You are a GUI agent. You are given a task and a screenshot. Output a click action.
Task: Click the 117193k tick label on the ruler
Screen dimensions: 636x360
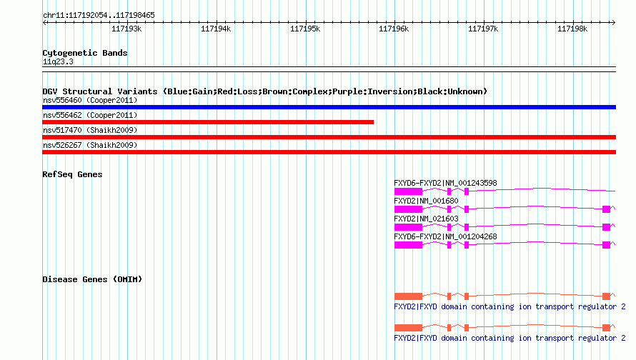[126, 29]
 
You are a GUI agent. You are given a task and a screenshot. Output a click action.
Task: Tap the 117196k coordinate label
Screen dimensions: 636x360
[394, 29]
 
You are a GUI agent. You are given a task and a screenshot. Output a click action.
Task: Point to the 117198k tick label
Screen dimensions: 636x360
[572, 29]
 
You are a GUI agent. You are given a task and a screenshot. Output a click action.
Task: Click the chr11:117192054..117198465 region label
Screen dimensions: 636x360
[99, 15]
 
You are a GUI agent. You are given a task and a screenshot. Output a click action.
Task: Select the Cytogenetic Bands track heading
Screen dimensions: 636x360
[85, 53]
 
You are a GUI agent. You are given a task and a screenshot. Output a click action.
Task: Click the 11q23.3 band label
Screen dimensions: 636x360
[58, 61]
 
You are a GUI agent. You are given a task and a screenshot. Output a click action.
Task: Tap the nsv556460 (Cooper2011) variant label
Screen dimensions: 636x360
[90, 100]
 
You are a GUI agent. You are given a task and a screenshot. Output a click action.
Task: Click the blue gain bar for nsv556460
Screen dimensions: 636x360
[329, 107]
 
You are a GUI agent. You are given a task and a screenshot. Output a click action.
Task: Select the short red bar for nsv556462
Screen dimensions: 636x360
[208, 122]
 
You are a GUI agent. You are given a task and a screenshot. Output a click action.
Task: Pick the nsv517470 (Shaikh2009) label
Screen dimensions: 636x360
[90, 130]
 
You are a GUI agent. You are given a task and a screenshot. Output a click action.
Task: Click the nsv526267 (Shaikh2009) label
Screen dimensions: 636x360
[90, 145]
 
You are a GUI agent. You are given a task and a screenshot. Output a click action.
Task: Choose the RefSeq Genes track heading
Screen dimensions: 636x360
[72, 174]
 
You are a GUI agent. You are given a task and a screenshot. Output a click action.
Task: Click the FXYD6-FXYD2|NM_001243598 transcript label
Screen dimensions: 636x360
[445, 183]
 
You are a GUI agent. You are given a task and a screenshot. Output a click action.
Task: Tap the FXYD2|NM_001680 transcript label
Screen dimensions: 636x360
[426, 201]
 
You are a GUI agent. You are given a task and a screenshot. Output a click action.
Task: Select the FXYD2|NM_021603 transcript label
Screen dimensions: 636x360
[426, 219]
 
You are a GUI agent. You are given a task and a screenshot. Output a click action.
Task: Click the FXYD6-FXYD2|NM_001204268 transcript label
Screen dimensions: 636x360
[445, 236]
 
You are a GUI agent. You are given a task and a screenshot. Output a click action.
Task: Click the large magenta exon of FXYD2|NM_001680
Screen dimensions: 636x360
[408, 209]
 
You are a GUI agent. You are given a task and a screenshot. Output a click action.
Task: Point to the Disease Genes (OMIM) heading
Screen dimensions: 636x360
[92, 279]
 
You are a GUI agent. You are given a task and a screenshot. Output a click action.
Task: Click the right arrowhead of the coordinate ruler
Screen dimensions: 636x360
[614, 22]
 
